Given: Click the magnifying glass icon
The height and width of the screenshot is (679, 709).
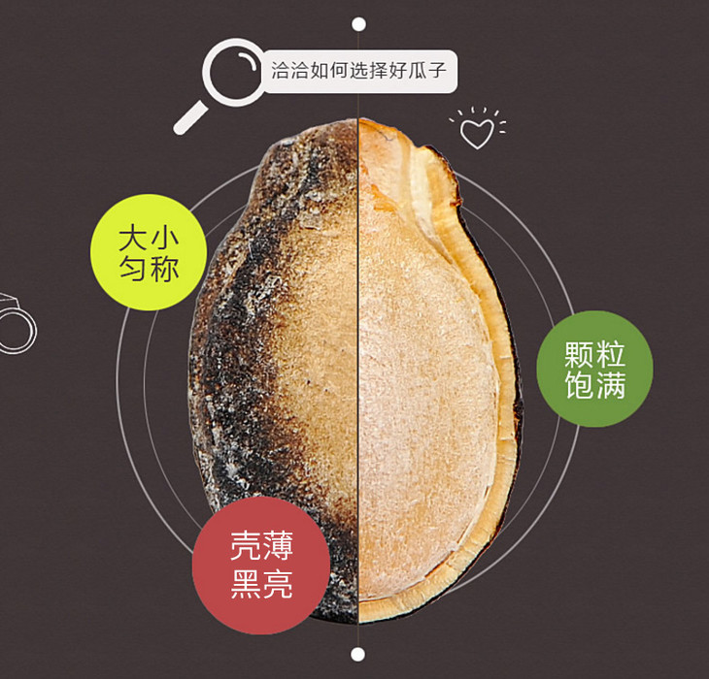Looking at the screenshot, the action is click(234, 73).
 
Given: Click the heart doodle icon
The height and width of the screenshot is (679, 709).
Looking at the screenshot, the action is click(476, 131).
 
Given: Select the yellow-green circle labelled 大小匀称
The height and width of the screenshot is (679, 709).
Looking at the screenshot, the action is click(149, 252).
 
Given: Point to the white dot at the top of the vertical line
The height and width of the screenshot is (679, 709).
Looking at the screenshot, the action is click(359, 23).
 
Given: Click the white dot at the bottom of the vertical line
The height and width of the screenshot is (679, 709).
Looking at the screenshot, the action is click(358, 655).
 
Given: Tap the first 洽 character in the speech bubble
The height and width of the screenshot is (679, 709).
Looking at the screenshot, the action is click(281, 72).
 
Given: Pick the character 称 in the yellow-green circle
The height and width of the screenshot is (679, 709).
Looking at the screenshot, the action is click(165, 269).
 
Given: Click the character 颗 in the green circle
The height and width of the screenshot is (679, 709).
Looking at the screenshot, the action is click(578, 354).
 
